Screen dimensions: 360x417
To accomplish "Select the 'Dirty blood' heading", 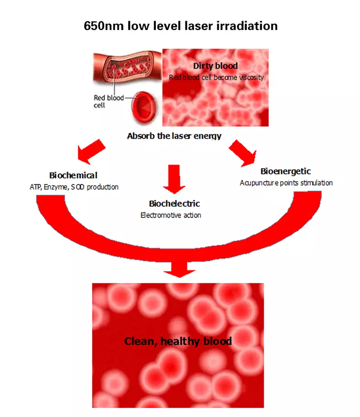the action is coord(216,66).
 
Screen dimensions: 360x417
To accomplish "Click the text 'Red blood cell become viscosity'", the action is coord(216,77).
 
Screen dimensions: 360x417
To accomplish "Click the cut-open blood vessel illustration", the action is coord(127,67).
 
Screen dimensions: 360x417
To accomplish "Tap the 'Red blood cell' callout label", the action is coord(108,102).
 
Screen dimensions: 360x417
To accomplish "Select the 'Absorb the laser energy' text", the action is coord(174,136).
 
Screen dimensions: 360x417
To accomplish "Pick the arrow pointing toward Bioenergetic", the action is coord(243,153).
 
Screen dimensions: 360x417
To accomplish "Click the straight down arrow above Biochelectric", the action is coord(174,179).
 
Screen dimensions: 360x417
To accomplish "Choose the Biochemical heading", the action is coord(73,175).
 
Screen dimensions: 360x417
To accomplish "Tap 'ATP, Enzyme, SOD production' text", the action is coord(74,187).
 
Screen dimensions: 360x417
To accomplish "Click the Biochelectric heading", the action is coord(175,203).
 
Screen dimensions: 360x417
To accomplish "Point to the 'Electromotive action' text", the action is coord(171,215).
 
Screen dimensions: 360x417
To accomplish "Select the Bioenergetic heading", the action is coord(285,172).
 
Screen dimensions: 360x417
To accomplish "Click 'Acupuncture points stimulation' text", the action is coord(286,183).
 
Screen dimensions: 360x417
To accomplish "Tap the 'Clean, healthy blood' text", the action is coord(178,341).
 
